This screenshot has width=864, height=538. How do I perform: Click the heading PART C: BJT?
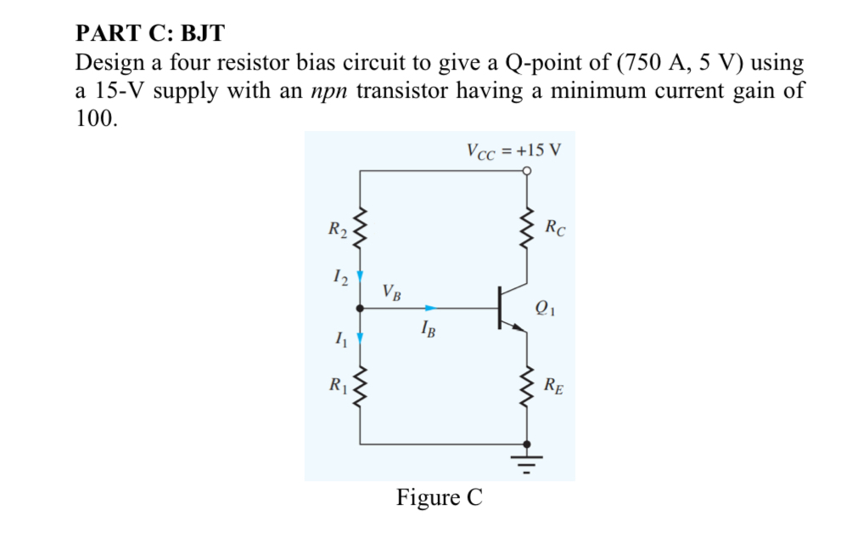tap(150, 34)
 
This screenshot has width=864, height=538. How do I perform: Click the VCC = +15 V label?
tap(513, 150)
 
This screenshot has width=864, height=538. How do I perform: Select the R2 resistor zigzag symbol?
tap(360, 229)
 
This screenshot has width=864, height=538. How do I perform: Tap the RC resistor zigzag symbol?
tap(527, 229)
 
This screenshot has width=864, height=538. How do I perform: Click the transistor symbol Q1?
tap(509, 309)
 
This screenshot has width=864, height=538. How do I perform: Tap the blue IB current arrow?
tap(432, 308)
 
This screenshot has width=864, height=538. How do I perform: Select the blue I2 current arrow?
tap(360, 276)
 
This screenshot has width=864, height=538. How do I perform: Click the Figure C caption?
tap(439, 497)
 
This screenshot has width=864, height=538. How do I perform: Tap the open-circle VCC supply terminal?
tap(527, 171)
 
